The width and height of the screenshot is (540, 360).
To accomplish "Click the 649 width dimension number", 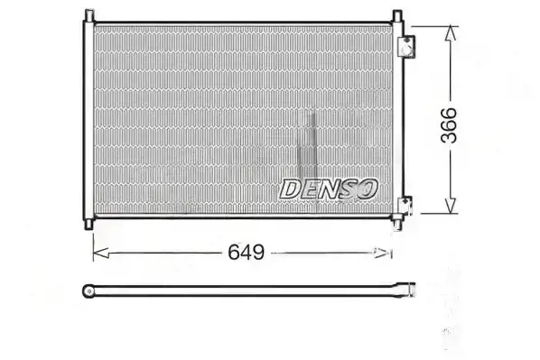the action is tap(247, 253).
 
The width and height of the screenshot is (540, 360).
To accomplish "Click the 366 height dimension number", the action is tap(449, 125).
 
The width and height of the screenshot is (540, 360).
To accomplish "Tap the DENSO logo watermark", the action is tap(329, 189).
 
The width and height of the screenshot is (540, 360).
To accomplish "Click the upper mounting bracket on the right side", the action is tap(406, 46).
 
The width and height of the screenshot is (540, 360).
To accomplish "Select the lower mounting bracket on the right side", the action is tap(405, 206).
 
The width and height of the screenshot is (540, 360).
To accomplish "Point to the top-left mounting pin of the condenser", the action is tap(89, 15).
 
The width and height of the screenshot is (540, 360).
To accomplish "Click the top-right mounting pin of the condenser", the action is tap(397, 15).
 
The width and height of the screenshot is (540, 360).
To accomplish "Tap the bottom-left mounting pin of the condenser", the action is tap(88, 224).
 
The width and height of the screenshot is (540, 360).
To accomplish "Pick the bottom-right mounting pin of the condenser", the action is tap(397, 224).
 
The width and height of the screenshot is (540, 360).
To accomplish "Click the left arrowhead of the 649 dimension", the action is tap(101, 253).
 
